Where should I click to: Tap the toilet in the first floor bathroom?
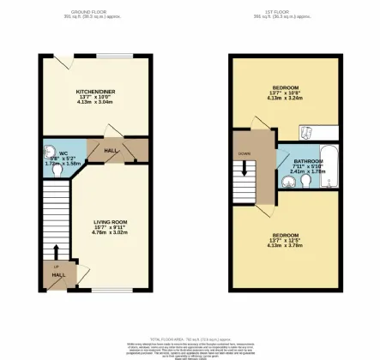coord(286,179)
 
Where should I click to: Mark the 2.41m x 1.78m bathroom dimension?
coord(307,171)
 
